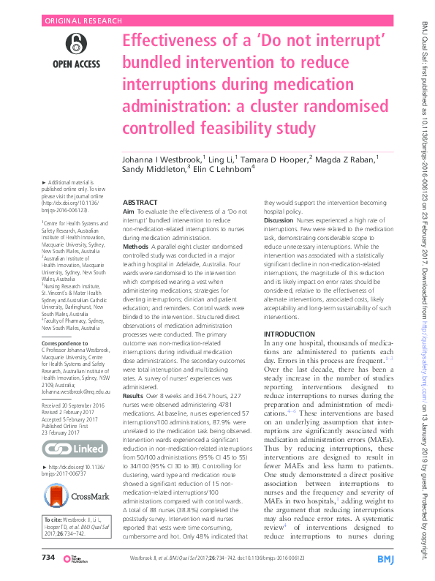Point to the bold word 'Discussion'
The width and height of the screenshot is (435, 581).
coord(279,220)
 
